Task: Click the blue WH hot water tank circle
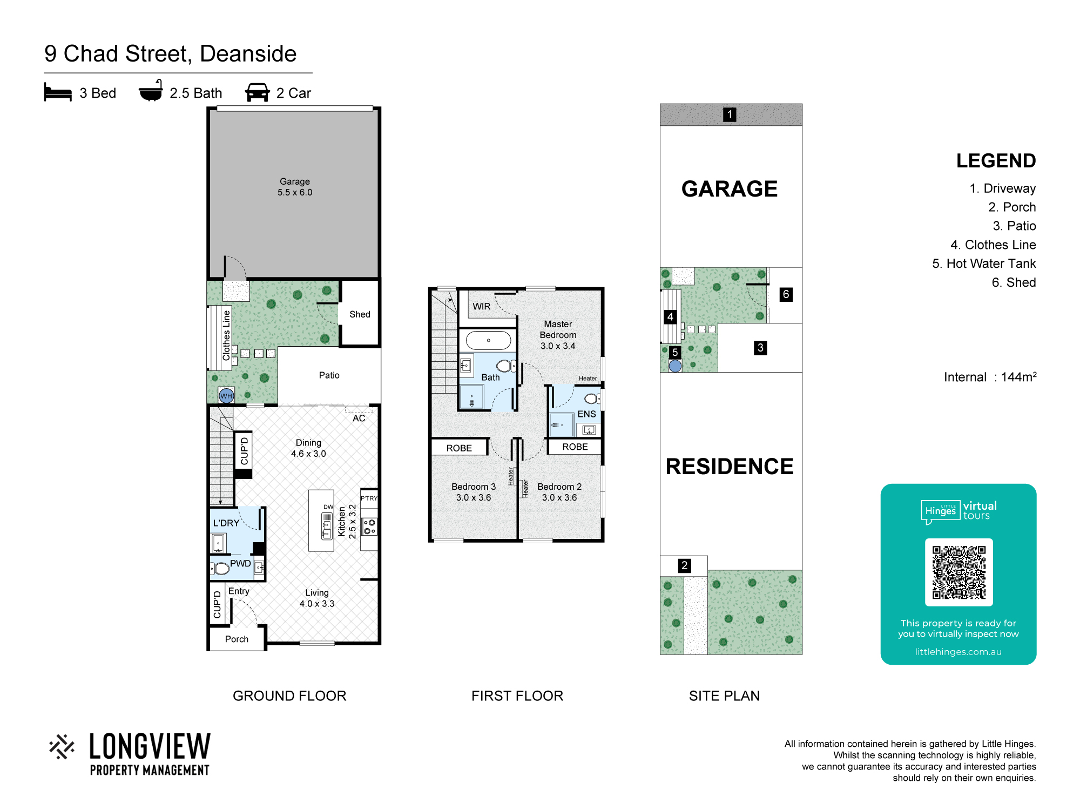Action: click(226, 396)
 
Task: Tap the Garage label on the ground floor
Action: click(295, 181)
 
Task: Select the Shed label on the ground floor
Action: click(360, 314)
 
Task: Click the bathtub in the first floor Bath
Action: click(488, 341)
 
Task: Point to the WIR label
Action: click(482, 307)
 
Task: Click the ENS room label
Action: click(587, 414)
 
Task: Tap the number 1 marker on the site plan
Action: click(730, 114)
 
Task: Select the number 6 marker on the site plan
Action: click(786, 294)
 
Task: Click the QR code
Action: click(959, 572)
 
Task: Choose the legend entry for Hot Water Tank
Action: click(984, 264)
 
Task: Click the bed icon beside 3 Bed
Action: click(58, 92)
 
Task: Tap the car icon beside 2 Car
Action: click(258, 92)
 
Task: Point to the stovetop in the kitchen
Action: click(369, 527)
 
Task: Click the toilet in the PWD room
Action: click(220, 568)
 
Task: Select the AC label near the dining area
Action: click(359, 418)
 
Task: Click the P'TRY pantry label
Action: click(369, 498)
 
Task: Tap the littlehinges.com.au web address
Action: click(959, 652)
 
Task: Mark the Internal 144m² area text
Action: click(990, 377)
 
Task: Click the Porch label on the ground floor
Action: click(237, 639)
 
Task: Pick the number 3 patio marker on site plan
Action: click(760, 348)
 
